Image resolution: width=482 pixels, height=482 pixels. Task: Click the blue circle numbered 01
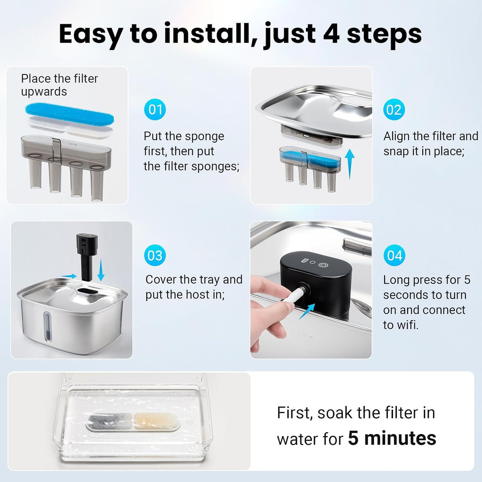click(x=155, y=109)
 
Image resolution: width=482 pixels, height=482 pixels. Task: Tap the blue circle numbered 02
click(x=394, y=109)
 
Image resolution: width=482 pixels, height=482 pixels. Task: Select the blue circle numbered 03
click(x=155, y=256)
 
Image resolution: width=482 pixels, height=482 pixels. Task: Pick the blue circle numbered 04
click(x=394, y=256)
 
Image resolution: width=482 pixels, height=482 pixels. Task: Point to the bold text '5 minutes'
click(x=392, y=438)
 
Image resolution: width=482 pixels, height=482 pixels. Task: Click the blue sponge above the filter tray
click(x=70, y=113)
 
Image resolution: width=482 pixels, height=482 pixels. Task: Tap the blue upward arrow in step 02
click(x=350, y=164)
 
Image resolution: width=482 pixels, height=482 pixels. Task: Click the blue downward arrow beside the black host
click(x=101, y=270)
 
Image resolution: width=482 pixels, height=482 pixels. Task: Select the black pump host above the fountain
click(x=87, y=256)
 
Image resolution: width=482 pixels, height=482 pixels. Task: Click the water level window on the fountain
click(x=47, y=327)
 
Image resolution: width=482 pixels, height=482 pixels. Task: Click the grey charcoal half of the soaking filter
click(x=110, y=421)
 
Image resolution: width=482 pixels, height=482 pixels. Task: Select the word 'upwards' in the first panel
click(x=44, y=92)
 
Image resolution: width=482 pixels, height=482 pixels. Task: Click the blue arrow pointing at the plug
click(x=307, y=311)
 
